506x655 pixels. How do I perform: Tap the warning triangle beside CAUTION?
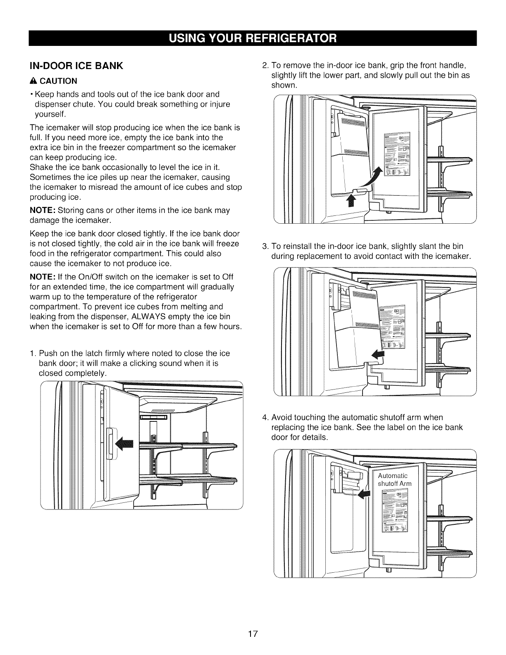point(31,80)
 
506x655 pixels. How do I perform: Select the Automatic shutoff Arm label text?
point(395,480)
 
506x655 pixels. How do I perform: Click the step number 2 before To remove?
point(265,66)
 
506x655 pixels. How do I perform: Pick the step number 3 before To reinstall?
point(265,247)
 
